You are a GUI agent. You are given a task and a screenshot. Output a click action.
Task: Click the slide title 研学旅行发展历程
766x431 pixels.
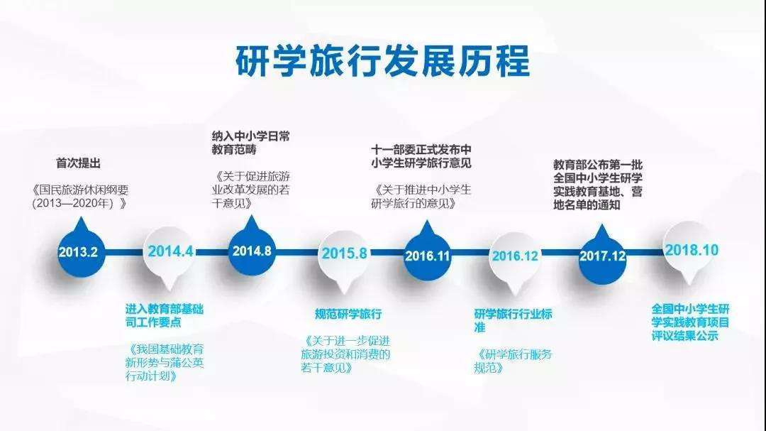click(382, 61)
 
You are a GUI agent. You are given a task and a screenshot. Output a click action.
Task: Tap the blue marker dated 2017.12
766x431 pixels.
click(602, 254)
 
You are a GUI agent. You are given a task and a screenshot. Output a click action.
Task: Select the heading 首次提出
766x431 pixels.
click(79, 163)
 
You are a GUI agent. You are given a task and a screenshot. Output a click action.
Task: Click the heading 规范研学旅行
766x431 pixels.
click(348, 314)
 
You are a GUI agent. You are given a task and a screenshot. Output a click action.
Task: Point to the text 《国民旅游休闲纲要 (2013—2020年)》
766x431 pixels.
click(81, 197)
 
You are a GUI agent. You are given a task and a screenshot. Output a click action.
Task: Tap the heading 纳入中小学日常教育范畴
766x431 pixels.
click(251, 143)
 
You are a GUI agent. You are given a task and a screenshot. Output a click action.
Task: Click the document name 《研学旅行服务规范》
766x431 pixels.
click(513, 361)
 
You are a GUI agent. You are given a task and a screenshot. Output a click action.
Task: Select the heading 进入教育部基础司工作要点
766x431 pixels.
click(165, 315)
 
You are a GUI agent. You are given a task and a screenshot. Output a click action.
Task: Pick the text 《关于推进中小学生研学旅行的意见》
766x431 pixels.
click(421, 197)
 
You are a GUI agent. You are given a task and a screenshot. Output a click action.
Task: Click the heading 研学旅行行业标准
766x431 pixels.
click(513, 321)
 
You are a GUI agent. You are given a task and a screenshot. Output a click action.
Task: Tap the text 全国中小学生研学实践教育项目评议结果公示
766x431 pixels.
click(691, 322)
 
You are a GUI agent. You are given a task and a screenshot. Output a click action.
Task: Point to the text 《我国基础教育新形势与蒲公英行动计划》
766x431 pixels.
click(165, 363)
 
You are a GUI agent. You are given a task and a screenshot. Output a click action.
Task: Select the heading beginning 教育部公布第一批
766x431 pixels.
click(598, 185)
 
